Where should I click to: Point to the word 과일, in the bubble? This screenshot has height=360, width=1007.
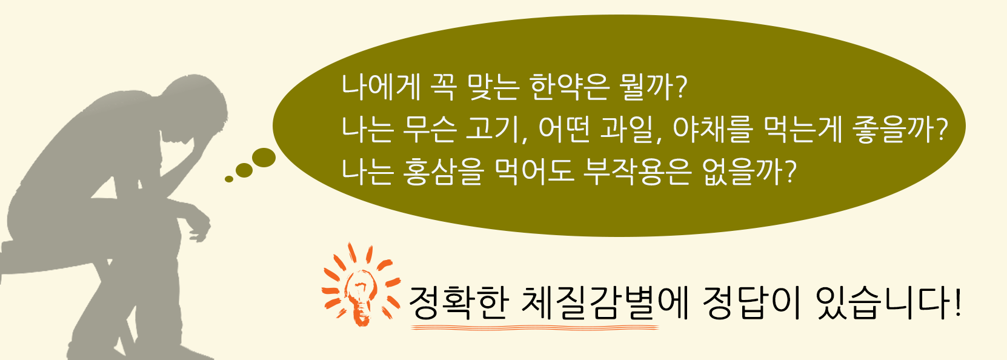point(631,130)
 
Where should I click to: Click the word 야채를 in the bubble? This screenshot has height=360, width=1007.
point(712,130)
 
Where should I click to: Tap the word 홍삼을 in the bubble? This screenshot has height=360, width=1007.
point(444,172)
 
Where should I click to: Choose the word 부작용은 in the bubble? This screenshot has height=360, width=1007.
point(636,172)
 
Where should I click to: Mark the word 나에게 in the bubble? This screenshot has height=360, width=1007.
point(381,87)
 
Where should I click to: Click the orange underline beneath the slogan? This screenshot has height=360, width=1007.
point(535,327)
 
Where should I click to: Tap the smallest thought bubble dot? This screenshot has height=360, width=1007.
point(229,179)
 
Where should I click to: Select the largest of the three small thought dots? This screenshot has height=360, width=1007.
point(264,158)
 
